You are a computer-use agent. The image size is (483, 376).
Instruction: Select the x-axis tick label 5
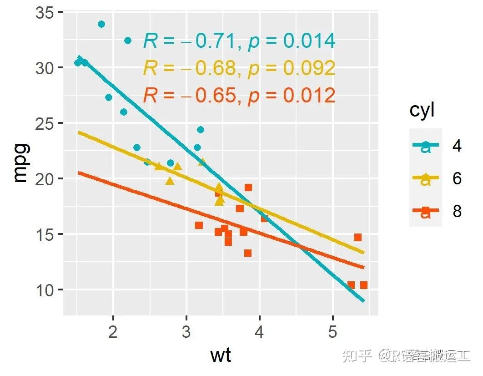pyautogui.click(x=332, y=332)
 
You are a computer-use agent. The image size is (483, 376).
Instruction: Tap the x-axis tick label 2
pyautogui.click(x=113, y=332)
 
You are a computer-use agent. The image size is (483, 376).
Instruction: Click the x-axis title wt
pyautogui.click(x=221, y=355)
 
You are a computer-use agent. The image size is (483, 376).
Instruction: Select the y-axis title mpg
pyautogui.click(x=20, y=163)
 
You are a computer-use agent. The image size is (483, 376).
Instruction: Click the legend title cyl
pyautogui.click(x=422, y=111)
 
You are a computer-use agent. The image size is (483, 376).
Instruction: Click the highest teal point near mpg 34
pyautogui.click(x=101, y=24)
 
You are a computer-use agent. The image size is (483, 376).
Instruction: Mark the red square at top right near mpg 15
pyautogui.click(x=358, y=237)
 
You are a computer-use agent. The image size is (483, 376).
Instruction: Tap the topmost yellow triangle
pyautogui.click(x=202, y=162)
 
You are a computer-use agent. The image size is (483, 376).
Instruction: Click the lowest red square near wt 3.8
pyautogui.click(x=247, y=253)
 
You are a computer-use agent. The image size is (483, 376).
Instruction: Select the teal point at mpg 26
pyautogui.click(x=123, y=112)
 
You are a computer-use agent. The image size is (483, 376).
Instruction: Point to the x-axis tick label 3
pyautogui.click(x=186, y=332)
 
